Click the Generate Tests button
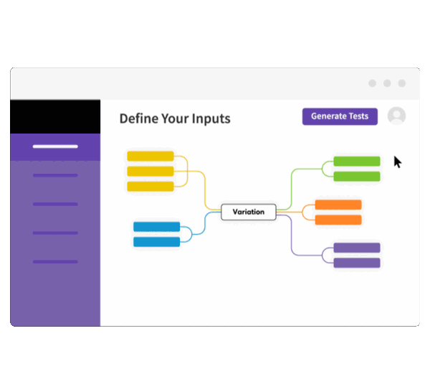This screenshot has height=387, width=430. pyautogui.click(x=340, y=116)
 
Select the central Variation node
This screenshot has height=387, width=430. pyautogui.click(x=248, y=212)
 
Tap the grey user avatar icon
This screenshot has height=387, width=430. pyautogui.click(x=396, y=116)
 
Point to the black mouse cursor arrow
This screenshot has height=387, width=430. pyautogui.click(x=397, y=162)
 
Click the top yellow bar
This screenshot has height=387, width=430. pyautogui.click(x=150, y=156)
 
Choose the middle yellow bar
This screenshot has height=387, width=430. pyautogui.click(x=150, y=171)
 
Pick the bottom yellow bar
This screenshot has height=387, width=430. pyautogui.click(x=150, y=187)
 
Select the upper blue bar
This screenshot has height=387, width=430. pyautogui.click(x=156, y=227)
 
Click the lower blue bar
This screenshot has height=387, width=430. pyautogui.click(x=156, y=242)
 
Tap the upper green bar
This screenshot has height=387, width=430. pyautogui.click(x=357, y=162)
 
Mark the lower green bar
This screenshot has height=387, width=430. pyautogui.click(x=357, y=177)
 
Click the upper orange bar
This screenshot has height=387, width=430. pyautogui.click(x=338, y=205)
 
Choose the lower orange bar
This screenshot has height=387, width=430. pyautogui.click(x=338, y=220)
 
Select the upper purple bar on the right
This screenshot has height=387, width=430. pyautogui.click(x=357, y=248)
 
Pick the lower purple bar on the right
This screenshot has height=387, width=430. pyautogui.click(x=357, y=263)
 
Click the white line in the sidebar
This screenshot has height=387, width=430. pyautogui.click(x=55, y=146)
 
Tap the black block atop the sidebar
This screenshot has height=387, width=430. pyautogui.click(x=55, y=116)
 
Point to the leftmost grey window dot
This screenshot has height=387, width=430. pyautogui.click(x=372, y=83)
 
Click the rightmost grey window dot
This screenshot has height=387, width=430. pyautogui.click(x=403, y=83)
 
